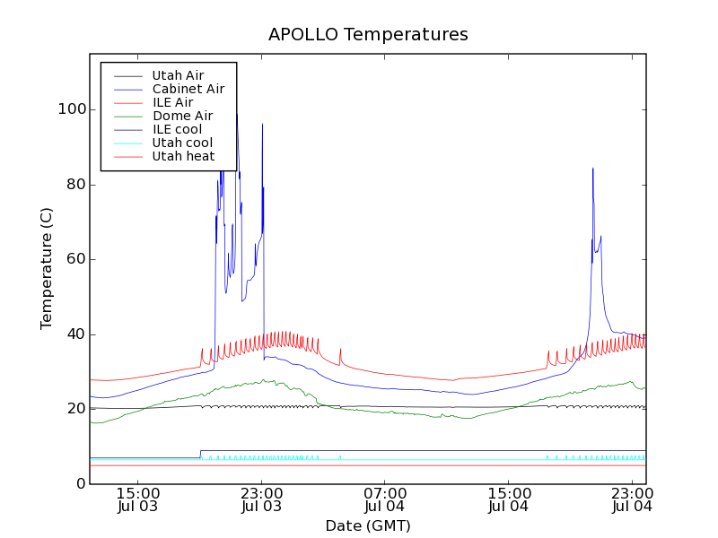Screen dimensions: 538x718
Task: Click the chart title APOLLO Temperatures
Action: pos(368,35)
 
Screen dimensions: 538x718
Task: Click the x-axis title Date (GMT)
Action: pos(368,525)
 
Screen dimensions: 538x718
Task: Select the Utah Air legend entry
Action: pos(178,75)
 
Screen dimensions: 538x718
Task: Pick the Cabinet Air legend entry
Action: pos(188,89)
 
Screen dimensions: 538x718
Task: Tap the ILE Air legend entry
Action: pos(171,102)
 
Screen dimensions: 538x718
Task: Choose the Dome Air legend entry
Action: pos(182,116)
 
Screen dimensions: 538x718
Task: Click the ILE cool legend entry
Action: pos(177,129)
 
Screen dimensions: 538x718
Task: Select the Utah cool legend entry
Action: pos(182,143)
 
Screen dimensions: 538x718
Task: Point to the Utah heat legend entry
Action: pos(183,156)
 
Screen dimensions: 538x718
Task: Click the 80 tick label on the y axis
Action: pos(77,185)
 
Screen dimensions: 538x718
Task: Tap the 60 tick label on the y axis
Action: pos(77,259)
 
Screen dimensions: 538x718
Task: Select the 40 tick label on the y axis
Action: pos(77,334)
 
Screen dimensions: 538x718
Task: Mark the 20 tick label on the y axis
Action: pos(77,409)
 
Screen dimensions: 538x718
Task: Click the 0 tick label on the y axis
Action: pos(82,484)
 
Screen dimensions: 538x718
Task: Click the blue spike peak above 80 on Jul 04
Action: pos(592,169)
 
